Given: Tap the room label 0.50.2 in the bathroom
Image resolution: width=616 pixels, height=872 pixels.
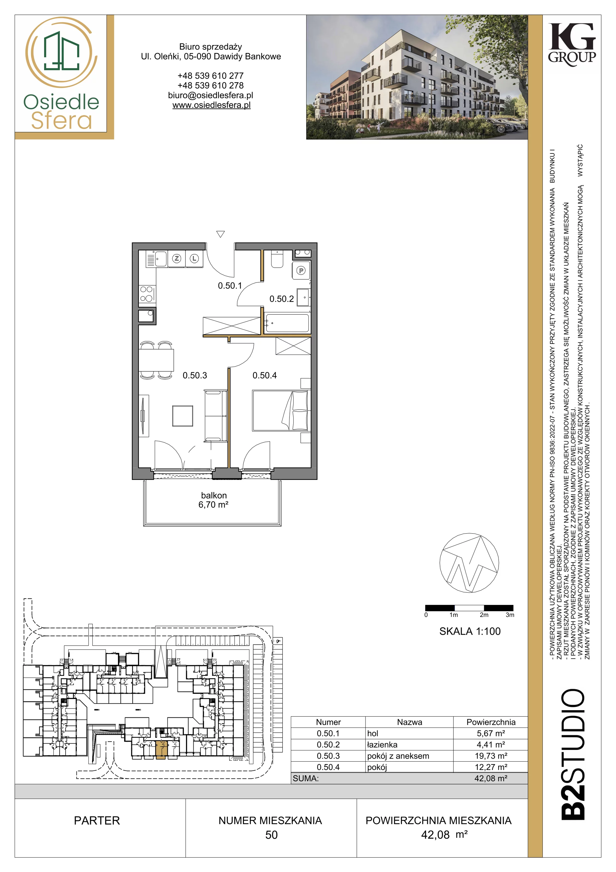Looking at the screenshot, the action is tap(281, 299).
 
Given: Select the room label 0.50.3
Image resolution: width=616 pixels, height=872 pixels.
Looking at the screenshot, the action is tap(195, 375).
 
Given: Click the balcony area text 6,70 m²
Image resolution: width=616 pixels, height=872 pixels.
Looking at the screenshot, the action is tap(213, 505).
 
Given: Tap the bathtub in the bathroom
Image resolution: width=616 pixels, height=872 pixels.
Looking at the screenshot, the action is tap(287, 323).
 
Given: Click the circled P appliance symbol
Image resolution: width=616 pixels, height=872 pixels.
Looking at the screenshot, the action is tap(301, 270).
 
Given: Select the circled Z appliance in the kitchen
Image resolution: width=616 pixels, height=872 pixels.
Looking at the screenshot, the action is tap(176, 259).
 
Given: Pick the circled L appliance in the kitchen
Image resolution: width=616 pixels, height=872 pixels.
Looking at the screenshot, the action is tap(194, 259).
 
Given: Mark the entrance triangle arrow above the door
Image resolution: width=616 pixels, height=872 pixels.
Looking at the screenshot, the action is tap(221, 234).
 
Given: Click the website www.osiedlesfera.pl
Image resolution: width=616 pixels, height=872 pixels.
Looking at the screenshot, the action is tap(211, 105).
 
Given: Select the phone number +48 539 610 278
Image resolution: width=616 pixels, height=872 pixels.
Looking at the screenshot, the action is tap(211, 86).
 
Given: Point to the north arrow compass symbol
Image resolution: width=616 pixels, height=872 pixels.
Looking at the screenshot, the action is tap(469, 563).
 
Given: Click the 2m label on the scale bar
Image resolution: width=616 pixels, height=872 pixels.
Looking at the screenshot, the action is tap(484, 615).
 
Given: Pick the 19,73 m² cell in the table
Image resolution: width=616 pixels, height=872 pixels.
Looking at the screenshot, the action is tap(491, 756).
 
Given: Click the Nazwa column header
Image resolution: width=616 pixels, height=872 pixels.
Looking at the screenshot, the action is tap(410, 722).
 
